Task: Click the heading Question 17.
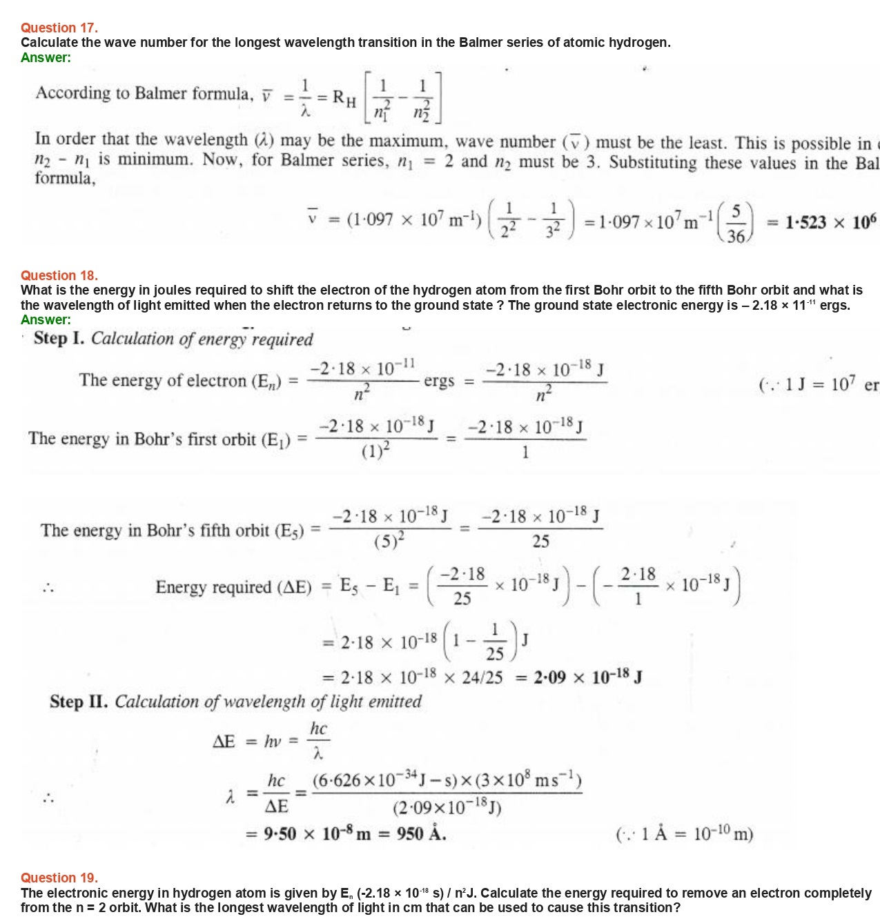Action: click(x=59, y=28)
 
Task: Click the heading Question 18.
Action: click(x=59, y=275)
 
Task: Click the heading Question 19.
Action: click(x=59, y=878)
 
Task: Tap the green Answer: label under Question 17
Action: click(x=46, y=57)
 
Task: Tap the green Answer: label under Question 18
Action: click(x=46, y=319)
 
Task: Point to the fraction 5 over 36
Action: click(x=736, y=223)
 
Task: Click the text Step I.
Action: click(x=60, y=338)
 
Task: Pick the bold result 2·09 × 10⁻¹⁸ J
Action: click(x=588, y=677)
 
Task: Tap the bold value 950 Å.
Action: click(x=421, y=833)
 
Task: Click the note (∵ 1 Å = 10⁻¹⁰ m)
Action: click(x=684, y=834)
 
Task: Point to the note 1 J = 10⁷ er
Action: click(x=819, y=384)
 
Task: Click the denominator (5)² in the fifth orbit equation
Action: click(x=389, y=541)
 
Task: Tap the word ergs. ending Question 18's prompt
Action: click(x=834, y=305)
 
